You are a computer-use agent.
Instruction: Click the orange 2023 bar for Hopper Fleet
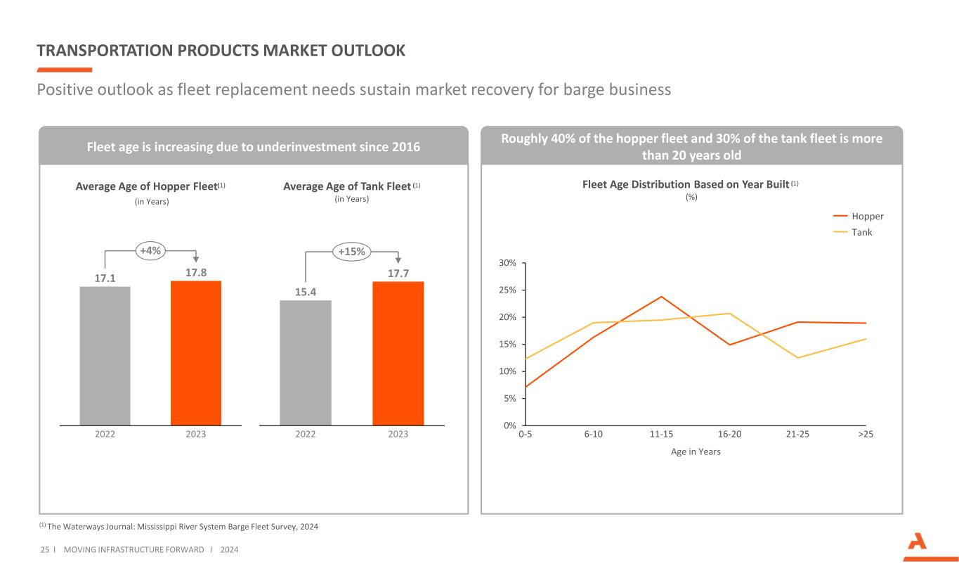[196, 353]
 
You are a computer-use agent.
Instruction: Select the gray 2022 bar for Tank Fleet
[306, 363]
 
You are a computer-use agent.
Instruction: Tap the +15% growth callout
[352, 252]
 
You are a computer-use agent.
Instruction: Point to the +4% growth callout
[150, 250]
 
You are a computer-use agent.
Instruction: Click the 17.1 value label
[105, 278]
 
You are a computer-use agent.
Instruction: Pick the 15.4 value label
[306, 292]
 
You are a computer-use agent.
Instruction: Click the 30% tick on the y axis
[508, 263]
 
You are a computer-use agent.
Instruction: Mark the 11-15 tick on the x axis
[661, 435]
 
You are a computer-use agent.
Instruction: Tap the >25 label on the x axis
[866, 435]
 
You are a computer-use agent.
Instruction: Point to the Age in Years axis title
[696, 451]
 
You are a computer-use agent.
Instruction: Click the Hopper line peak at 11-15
[661, 297]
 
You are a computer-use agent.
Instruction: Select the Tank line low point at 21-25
[798, 358]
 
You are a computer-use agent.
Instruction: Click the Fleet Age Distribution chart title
[685, 184]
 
